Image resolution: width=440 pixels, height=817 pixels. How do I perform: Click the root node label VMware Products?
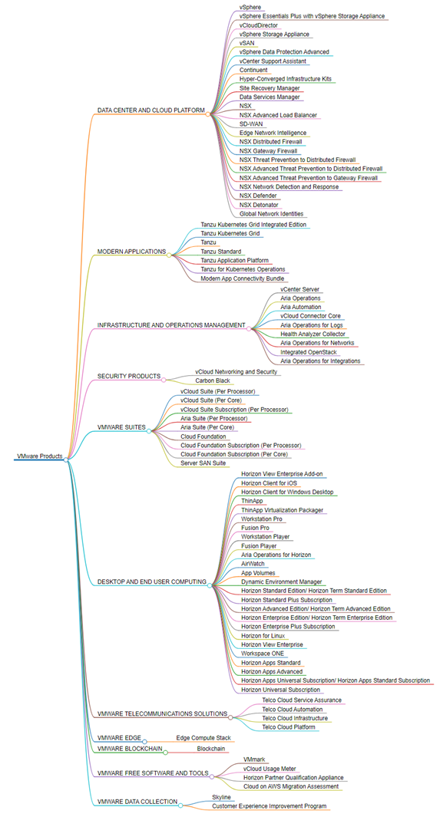tap(40, 456)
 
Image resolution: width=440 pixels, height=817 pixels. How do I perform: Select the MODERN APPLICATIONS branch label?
tap(131, 252)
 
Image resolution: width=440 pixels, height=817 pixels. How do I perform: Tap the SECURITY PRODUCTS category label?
tap(129, 376)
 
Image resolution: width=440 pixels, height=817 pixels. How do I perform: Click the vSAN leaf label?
tap(247, 43)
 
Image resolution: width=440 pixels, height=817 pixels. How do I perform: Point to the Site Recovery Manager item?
tap(270, 88)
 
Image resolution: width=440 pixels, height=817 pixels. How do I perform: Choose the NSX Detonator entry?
tap(259, 205)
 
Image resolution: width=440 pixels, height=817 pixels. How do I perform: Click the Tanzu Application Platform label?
tap(235, 261)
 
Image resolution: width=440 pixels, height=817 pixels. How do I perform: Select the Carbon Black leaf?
tap(213, 381)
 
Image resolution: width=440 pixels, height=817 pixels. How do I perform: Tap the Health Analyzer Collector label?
tap(313, 334)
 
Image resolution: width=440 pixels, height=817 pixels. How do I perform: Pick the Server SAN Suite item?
tap(203, 463)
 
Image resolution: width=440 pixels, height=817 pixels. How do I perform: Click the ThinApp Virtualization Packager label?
tap(282, 510)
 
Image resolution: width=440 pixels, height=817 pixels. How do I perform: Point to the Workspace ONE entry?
tap(263, 654)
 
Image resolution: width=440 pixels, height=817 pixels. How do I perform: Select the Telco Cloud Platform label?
tap(288, 726)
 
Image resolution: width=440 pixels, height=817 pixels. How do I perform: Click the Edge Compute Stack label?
tap(203, 738)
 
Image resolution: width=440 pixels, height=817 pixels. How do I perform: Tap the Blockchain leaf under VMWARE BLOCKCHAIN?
tap(210, 749)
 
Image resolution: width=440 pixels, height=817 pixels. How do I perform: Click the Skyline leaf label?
tap(221, 797)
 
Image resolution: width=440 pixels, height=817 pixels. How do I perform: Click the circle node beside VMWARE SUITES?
tap(149, 431)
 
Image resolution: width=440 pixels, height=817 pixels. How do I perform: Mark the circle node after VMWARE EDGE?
tap(145, 742)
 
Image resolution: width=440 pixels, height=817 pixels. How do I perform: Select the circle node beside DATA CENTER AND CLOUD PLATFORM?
tap(208, 114)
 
